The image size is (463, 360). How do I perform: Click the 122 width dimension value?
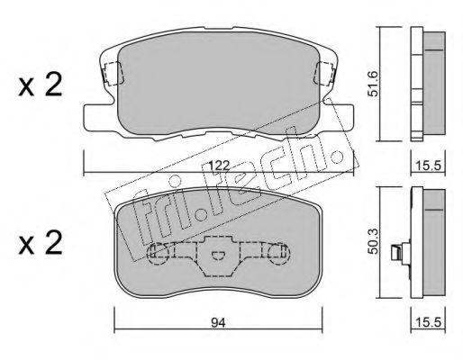click(219, 166)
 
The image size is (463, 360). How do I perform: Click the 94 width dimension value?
click(218, 322)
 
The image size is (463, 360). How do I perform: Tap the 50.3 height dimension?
click(373, 240)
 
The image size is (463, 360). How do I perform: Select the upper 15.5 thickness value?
click(429, 166)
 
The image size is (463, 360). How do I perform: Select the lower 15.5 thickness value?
click(429, 322)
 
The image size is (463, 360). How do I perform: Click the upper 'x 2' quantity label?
click(40, 85)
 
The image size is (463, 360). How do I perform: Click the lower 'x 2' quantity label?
click(40, 243)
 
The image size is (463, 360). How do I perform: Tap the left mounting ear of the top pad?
click(97, 117)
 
